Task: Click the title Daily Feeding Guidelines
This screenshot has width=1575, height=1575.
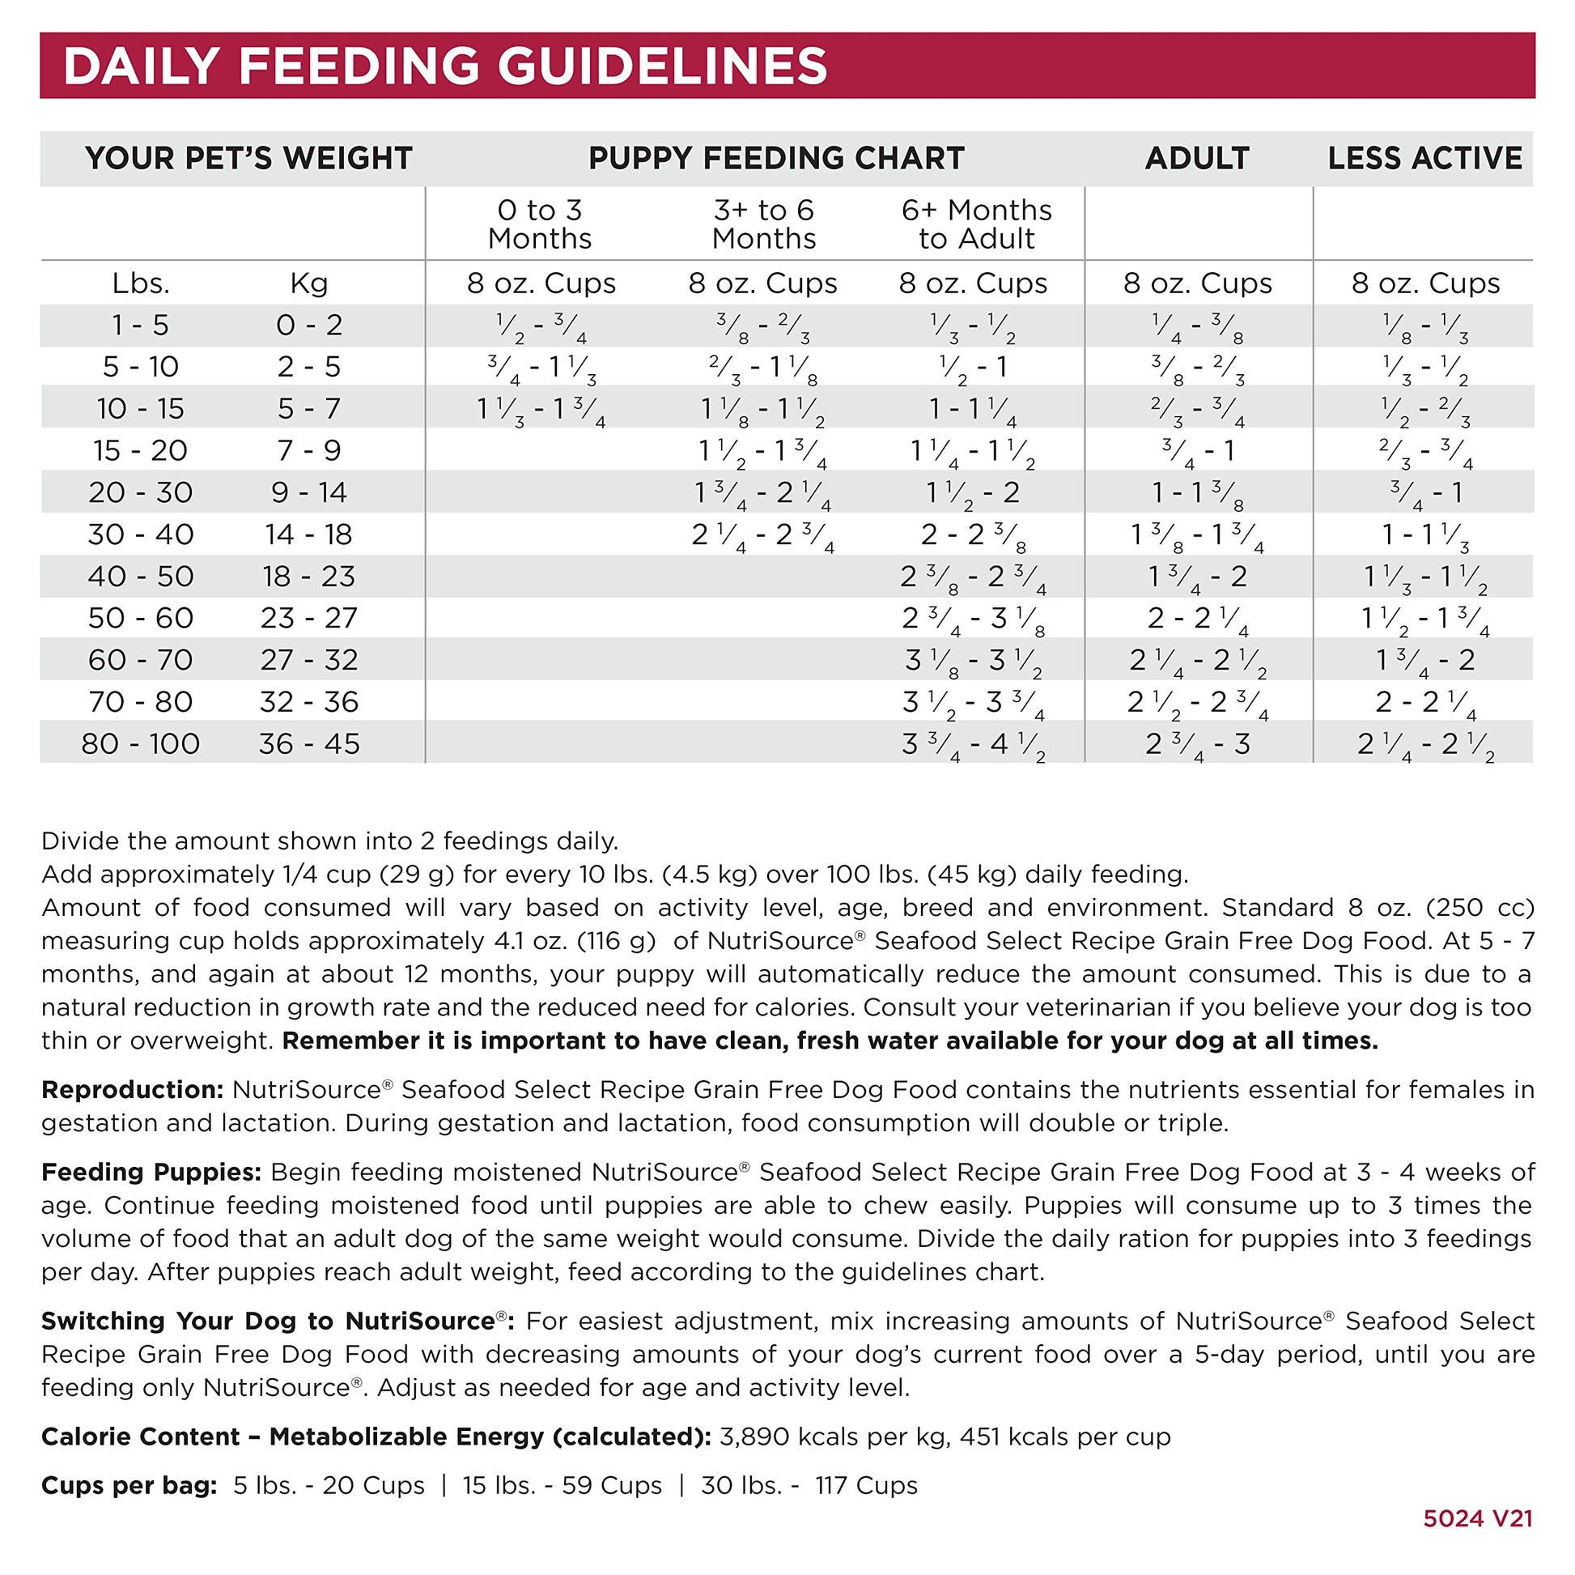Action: [x=445, y=66]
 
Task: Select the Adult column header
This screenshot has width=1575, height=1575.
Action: [x=1197, y=158]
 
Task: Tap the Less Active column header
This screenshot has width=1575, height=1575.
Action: [x=1424, y=158]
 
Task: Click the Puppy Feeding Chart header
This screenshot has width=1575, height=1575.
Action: [x=776, y=158]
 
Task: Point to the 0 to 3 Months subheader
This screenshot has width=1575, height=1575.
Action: [x=540, y=224]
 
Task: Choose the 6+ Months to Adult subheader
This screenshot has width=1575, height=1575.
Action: [x=976, y=224]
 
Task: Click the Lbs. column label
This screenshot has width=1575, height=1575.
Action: [x=140, y=284]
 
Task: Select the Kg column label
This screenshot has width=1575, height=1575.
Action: [x=309, y=284]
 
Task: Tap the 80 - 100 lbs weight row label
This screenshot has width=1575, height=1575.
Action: [x=140, y=744]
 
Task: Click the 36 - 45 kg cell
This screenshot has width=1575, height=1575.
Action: [x=309, y=744]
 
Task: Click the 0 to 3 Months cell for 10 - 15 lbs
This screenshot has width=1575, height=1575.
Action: [x=540, y=410]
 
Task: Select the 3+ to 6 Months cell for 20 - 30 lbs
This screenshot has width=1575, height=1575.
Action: [x=763, y=493]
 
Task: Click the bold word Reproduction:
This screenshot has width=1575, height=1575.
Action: [x=132, y=1090]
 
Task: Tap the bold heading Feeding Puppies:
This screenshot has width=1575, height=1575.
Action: [x=151, y=1172]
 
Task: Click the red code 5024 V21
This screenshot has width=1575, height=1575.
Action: [x=1477, y=1518]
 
